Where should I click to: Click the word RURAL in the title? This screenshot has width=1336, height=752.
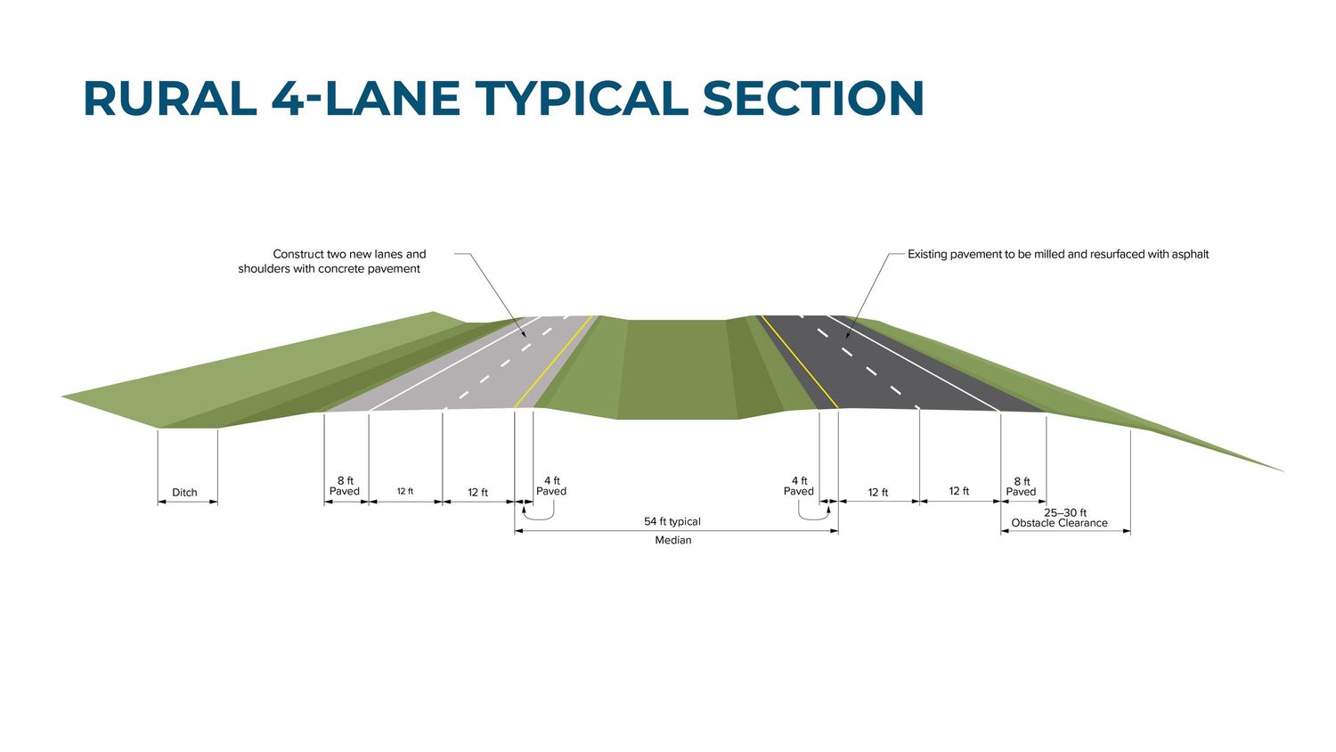coord(171,98)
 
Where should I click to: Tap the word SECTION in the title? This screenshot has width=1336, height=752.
coord(813,98)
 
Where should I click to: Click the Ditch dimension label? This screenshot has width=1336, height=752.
coord(184,493)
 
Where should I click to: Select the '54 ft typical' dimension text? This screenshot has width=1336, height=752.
coord(672,521)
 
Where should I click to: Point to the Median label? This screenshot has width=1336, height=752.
coord(673,540)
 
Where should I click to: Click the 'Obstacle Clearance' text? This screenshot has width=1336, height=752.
coord(1059,523)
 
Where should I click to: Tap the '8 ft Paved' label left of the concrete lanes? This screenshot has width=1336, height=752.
coord(345,486)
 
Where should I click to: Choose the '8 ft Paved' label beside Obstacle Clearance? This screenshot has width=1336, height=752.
coord(1021,486)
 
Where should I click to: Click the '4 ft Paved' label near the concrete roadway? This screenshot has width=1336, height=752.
coord(551,486)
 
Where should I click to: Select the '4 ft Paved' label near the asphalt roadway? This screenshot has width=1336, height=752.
coord(799,486)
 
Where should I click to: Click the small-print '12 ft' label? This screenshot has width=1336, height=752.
coord(405,491)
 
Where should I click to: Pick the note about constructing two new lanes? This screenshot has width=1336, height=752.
coord(331,261)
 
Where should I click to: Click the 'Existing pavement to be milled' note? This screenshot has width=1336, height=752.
coord(1058,254)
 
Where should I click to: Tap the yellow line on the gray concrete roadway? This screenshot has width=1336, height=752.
coord(553,362)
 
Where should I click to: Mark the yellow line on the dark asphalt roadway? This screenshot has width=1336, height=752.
coord(799,362)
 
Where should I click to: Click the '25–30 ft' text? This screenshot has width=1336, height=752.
coord(1065,512)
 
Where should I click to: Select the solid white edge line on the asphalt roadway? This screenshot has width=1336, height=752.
coord(914,363)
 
